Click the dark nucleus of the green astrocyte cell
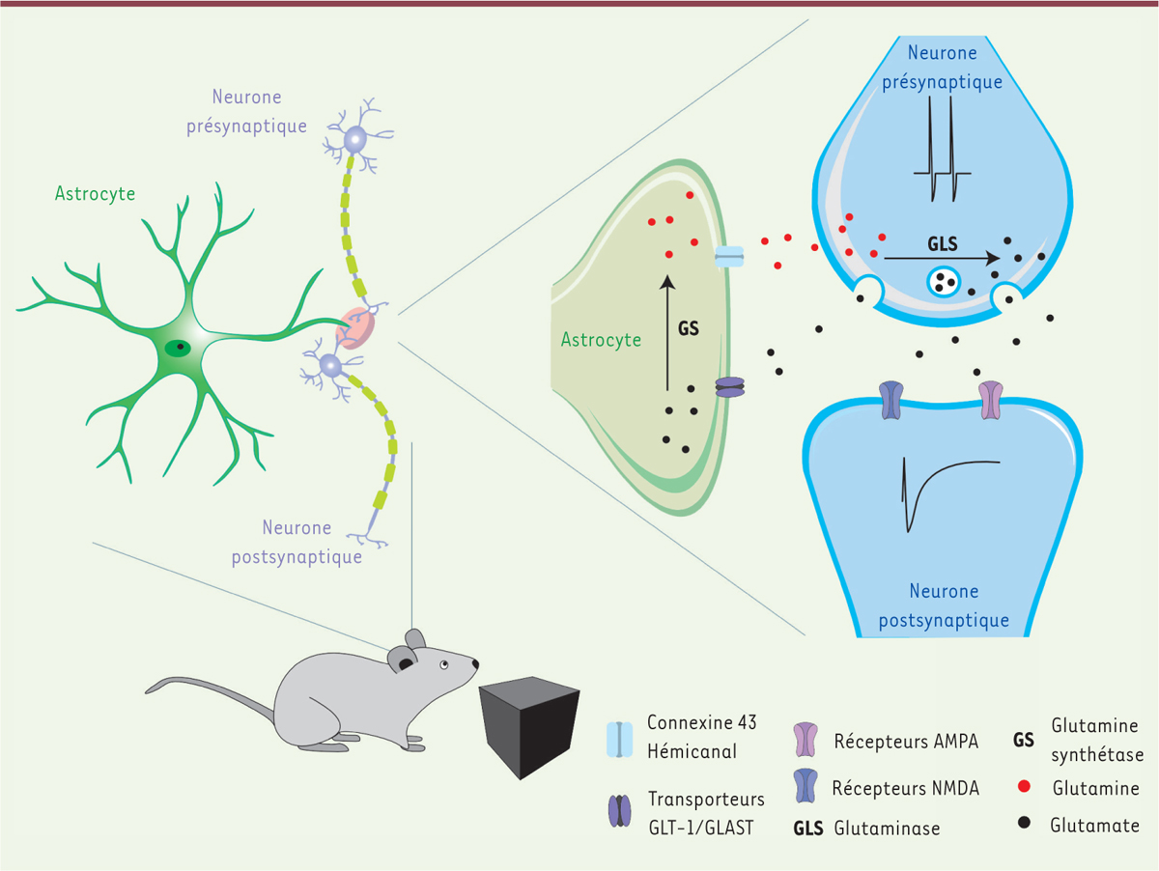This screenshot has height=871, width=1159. point(178,348)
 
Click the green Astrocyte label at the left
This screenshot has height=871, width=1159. point(95,194)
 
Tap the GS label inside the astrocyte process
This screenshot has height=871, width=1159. point(689,328)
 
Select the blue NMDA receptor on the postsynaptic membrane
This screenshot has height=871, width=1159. point(890,398)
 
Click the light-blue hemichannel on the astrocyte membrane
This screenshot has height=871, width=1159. point(729,256)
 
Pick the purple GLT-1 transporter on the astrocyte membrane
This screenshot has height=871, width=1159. point(730,388)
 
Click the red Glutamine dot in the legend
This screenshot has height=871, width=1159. point(1023,789)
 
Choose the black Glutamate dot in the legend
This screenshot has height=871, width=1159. point(1023,825)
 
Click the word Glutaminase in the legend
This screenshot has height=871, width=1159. point(887,828)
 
